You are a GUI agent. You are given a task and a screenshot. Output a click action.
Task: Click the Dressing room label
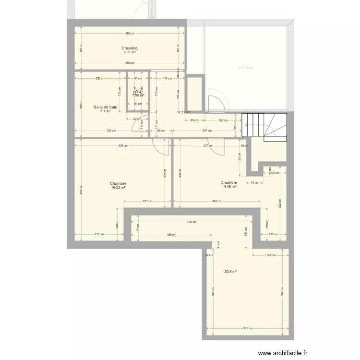point(130,48)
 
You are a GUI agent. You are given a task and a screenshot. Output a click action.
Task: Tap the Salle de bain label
point(105,107)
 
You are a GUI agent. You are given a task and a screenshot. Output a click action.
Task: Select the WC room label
point(138,91)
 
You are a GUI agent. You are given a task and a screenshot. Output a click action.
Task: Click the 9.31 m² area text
point(130,52)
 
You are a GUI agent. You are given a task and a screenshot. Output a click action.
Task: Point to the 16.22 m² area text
point(118,188)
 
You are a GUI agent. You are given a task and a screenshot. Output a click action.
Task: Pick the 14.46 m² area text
point(229,187)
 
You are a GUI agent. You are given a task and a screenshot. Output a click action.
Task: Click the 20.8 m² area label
point(231,271)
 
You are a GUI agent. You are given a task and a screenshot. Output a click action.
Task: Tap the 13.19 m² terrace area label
point(246,68)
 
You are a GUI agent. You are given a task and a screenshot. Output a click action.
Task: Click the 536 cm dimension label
point(192,222)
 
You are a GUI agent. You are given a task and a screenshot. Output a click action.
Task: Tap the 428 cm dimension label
point(122,145)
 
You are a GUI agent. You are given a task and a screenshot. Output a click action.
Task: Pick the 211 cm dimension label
point(148,201)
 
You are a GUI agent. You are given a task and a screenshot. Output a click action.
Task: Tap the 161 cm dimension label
point(270,255)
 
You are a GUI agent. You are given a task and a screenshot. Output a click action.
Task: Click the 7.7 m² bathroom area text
point(105,111)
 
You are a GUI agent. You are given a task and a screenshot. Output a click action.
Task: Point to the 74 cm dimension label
point(254,182)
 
